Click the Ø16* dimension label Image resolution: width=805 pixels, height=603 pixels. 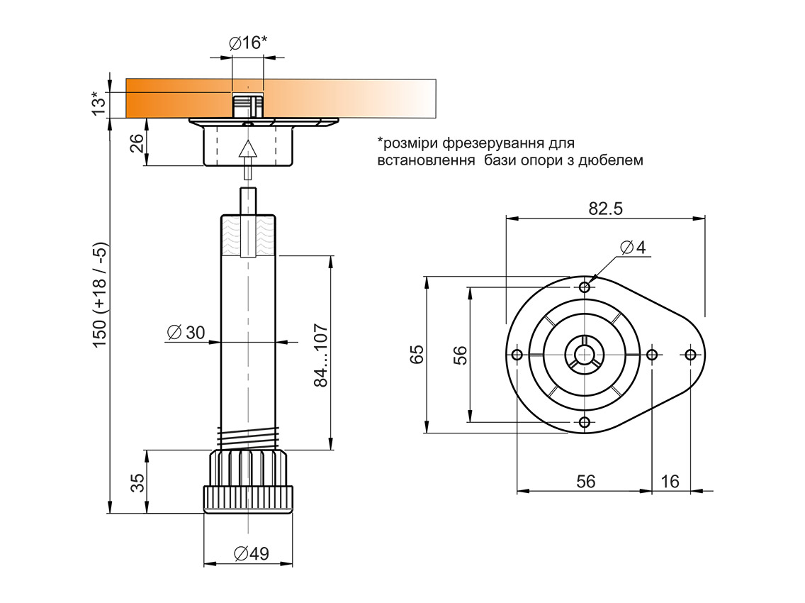pos(248,43)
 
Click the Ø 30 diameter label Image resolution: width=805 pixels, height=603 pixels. pos(186,332)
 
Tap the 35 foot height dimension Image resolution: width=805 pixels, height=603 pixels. pos(138,482)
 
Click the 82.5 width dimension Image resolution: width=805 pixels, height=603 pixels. pos(605,209)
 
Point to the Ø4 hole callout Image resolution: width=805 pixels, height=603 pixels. pos(633,248)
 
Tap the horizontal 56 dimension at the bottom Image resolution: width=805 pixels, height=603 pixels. pos(585,481)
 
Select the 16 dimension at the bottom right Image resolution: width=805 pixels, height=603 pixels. pos(670,481)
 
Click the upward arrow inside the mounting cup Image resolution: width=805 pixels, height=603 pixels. pos(247,149)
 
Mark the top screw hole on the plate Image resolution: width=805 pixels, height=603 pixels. pos(585,287)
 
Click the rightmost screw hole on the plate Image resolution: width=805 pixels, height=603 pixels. pos(691,354)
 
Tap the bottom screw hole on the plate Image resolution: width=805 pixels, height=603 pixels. pos(585,423)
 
